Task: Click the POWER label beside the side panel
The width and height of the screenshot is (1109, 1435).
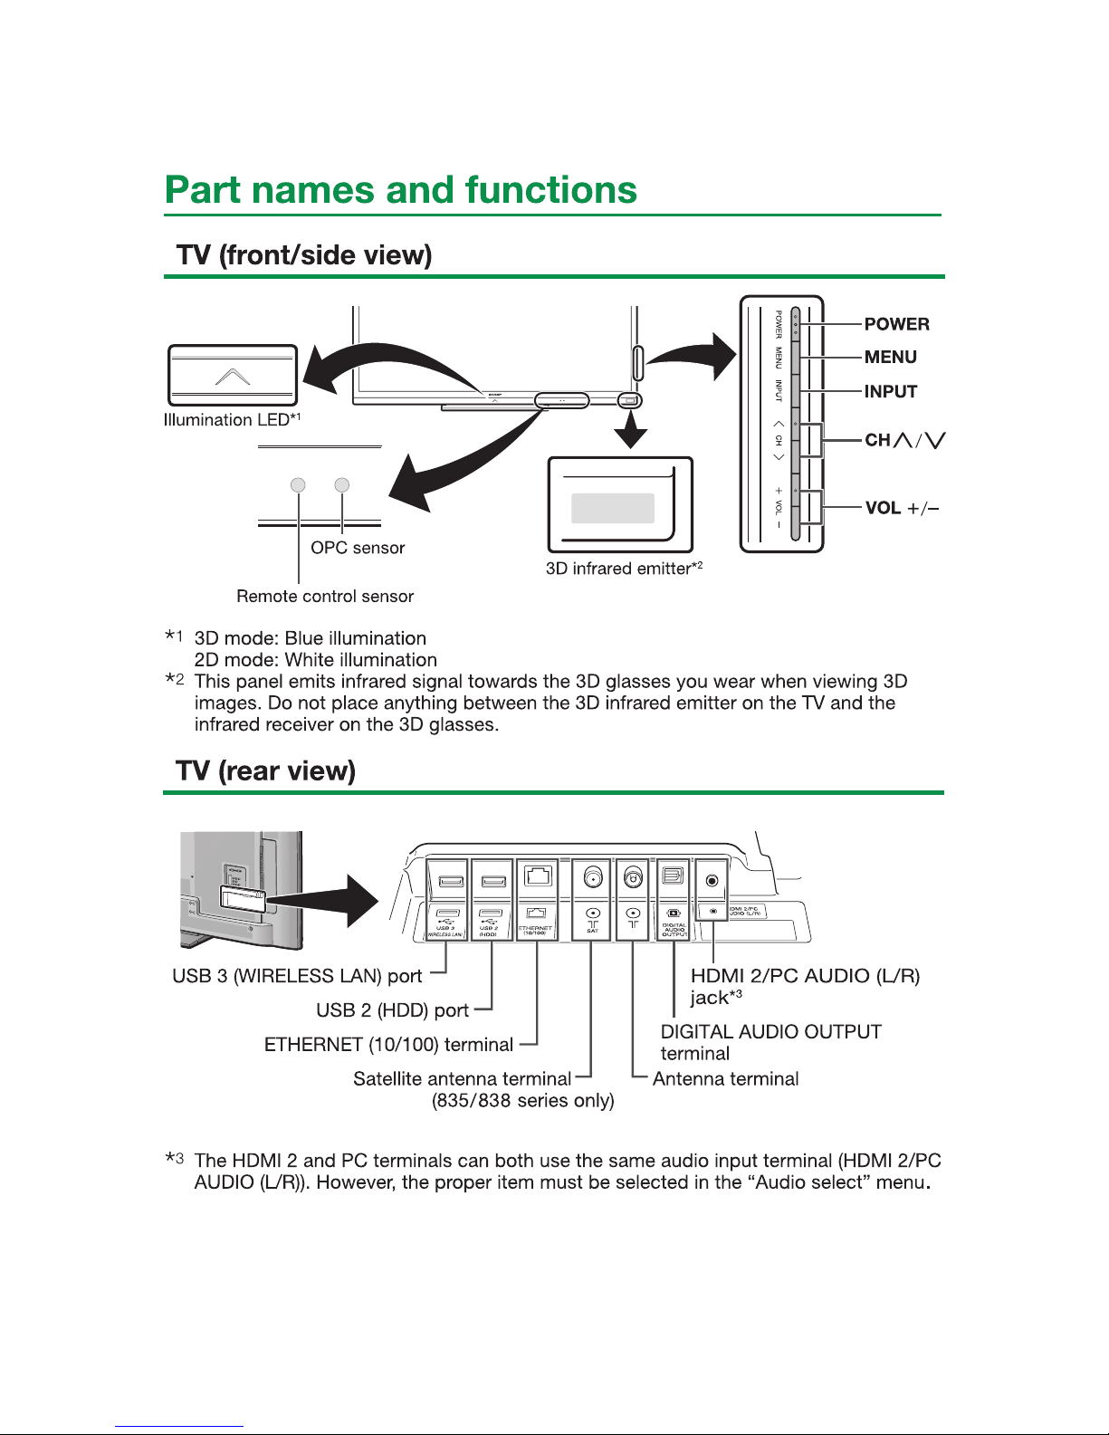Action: coord(896,324)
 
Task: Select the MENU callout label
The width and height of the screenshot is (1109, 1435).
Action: coord(890,357)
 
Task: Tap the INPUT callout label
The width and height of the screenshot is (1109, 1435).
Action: coord(890,391)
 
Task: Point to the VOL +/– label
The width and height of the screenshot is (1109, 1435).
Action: coord(902,508)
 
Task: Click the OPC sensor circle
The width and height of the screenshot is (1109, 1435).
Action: coord(341,485)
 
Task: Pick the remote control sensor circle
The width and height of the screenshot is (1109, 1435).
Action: coord(298,485)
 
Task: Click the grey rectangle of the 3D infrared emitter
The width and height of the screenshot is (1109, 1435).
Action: coord(612,508)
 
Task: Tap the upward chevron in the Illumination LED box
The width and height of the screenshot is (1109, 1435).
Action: coord(233,376)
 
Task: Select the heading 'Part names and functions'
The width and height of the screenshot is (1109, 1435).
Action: coord(401,190)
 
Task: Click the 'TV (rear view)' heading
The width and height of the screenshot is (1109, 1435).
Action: coord(265,770)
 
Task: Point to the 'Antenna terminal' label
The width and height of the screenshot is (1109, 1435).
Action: coord(725,1078)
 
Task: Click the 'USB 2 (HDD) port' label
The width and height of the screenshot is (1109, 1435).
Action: coord(392,1010)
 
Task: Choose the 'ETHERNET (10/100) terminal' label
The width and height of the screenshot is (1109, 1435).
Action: coord(388,1045)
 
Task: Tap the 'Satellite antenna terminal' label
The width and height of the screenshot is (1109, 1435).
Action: coord(462,1078)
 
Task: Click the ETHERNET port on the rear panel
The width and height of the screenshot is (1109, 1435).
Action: coord(538,876)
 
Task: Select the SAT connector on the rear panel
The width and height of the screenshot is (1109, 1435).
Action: coord(593,877)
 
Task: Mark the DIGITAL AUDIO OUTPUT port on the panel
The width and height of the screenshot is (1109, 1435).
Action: coord(674,876)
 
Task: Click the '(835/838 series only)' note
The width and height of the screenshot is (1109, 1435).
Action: coord(523,1101)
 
